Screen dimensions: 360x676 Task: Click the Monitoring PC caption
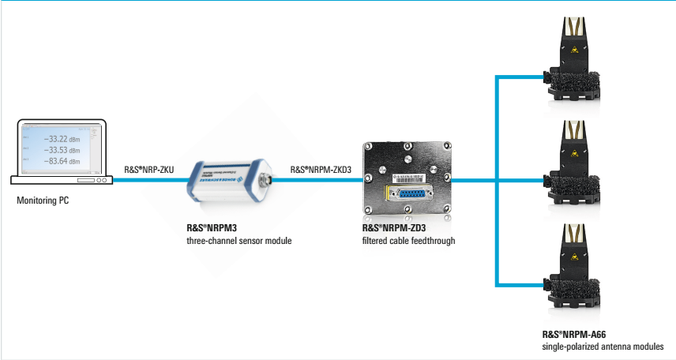point(43,201)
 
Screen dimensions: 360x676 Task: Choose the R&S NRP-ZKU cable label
point(150,170)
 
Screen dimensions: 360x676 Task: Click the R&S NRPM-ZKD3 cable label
point(320,170)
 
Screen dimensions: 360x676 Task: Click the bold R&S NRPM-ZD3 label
point(384,229)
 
